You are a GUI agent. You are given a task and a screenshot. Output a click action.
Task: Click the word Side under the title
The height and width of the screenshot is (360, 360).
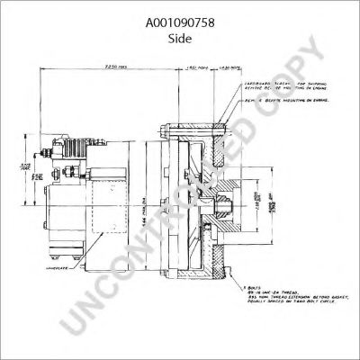[180, 29]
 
